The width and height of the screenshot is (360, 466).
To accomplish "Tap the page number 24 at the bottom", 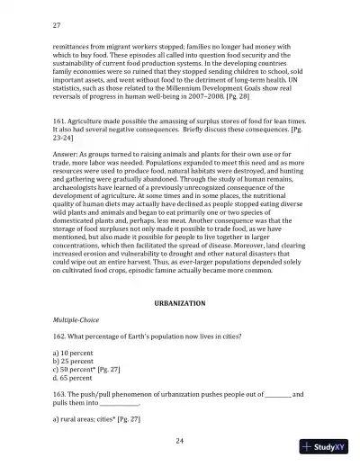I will [x=180, y=440].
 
